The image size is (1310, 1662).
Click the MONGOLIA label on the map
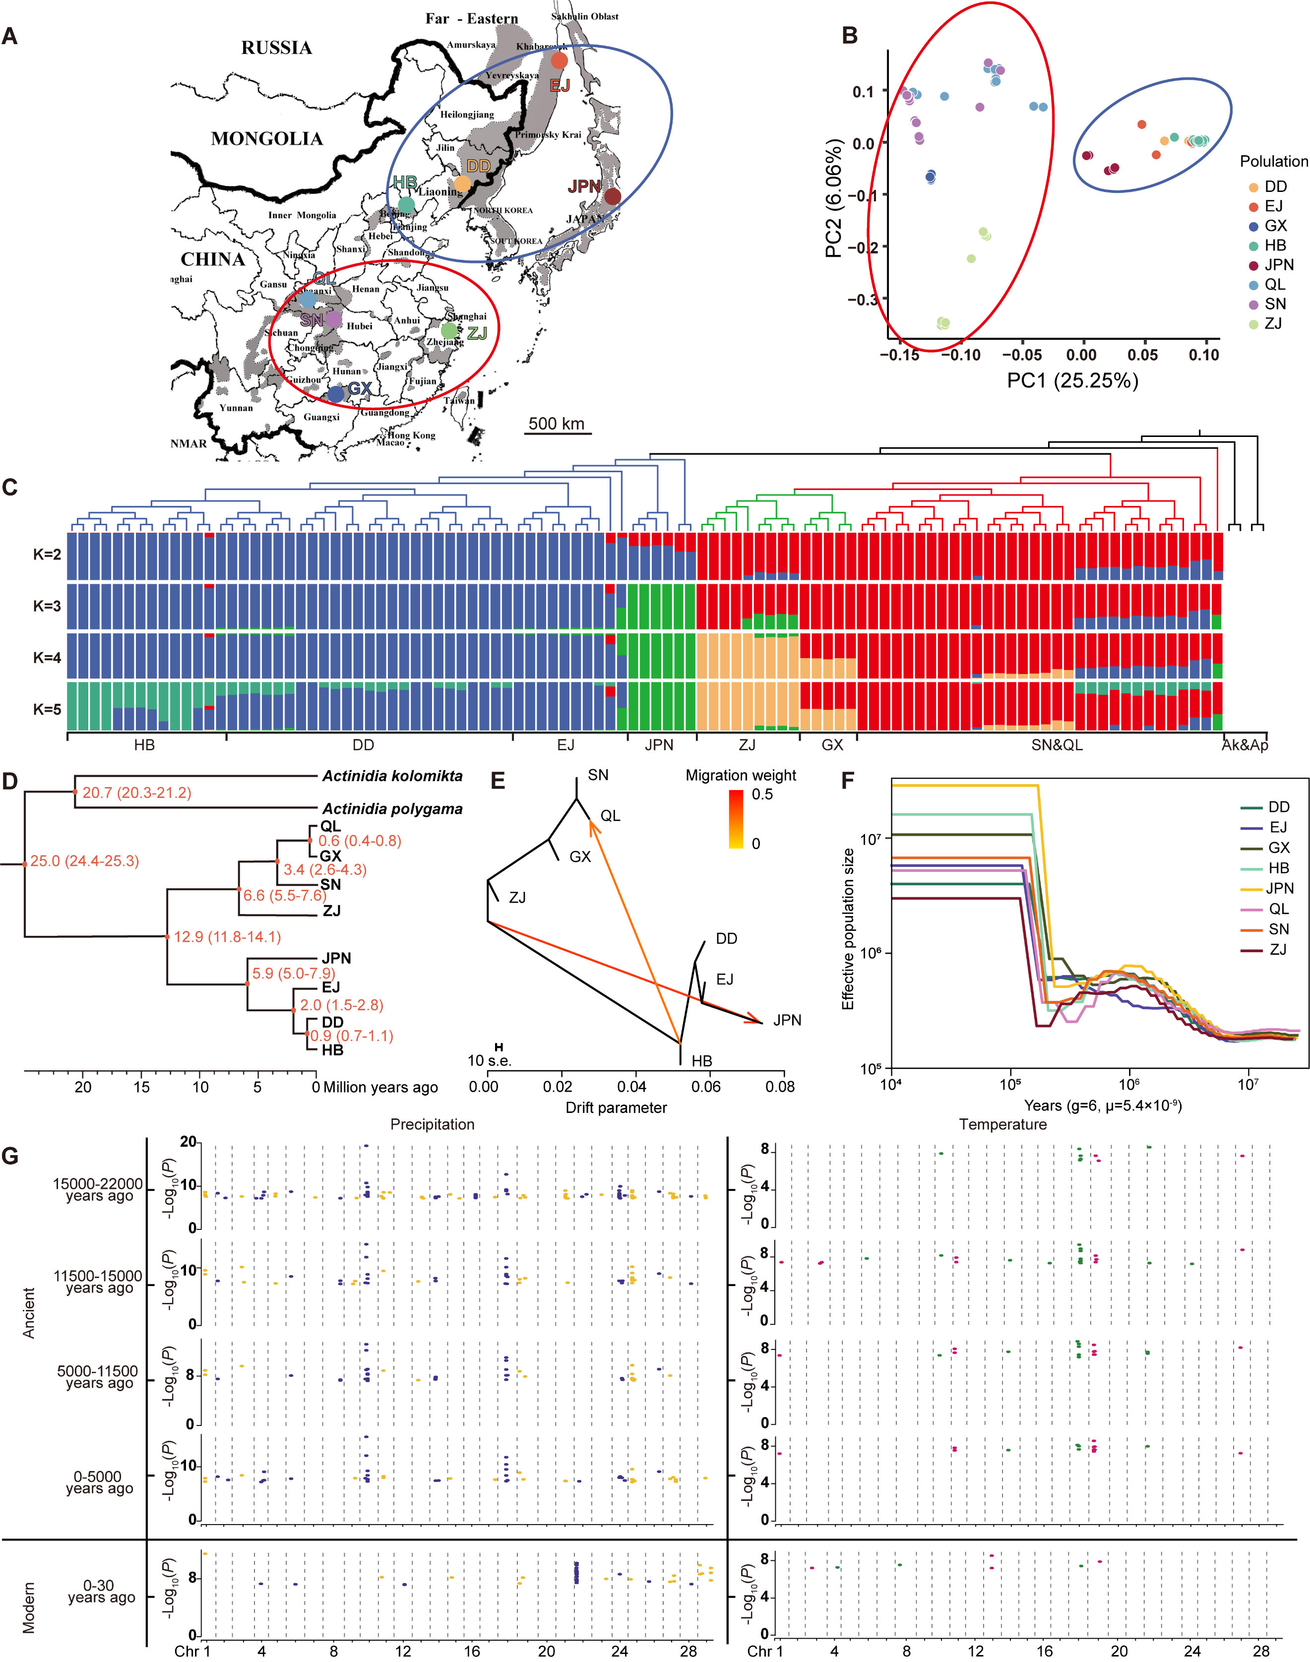[266, 139]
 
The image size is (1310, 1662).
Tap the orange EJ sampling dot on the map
[559, 61]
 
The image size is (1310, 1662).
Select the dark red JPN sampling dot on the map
[612, 196]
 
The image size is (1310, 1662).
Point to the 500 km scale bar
[558, 432]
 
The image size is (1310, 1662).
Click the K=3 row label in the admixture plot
[47, 606]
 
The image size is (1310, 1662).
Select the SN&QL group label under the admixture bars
[1057, 745]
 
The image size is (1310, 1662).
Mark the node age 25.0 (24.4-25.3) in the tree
[84, 862]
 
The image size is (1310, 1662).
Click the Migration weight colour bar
[736, 819]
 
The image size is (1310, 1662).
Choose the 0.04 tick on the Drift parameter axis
[631, 1086]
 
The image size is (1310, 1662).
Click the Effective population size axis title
[848, 929]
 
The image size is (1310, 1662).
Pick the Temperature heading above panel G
[1002, 1124]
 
